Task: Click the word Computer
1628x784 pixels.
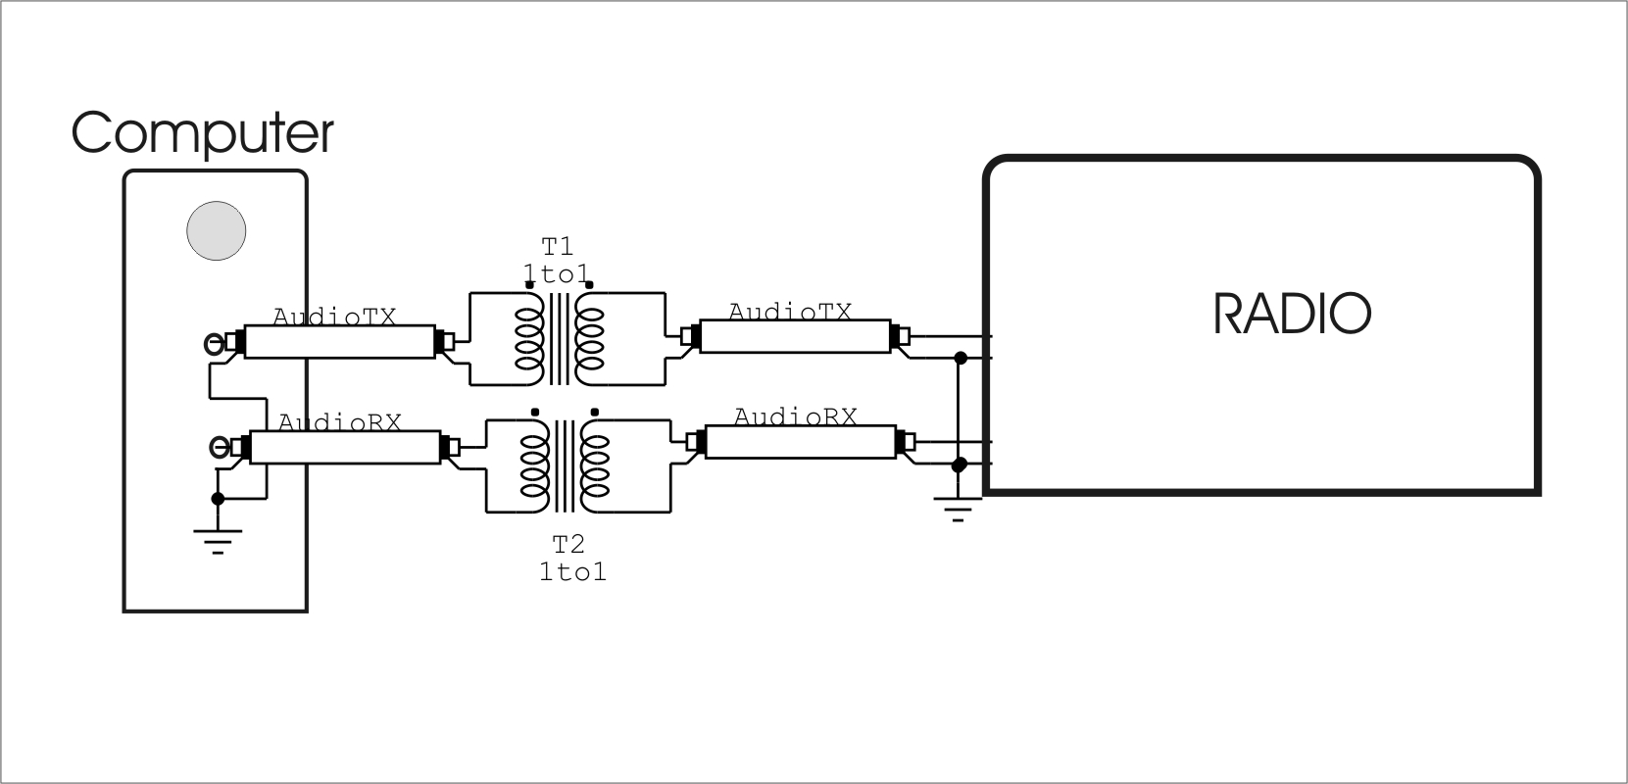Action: click(x=202, y=133)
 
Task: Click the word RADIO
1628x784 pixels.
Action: click(x=1292, y=314)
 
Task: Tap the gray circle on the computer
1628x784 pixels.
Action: click(x=217, y=231)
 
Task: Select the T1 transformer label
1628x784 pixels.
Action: click(x=559, y=245)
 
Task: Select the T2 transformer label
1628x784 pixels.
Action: click(x=568, y=545)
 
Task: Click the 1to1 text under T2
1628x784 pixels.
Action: click(x=572, y=571)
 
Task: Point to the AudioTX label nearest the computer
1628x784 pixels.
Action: click(x=334, y=318)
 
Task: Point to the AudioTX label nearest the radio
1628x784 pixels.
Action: click(x=790, y=312)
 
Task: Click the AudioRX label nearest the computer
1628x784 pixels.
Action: click(x=340, y=422)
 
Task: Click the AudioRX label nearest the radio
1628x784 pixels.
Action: click(x=795, y=416)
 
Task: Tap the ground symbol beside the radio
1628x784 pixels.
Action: click(x=958, y=509)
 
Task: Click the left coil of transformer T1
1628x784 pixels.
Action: click(x=528, y=339)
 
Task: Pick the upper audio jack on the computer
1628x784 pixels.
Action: click(x=214, y=343)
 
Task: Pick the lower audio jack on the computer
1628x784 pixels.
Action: click(x=220, y=449)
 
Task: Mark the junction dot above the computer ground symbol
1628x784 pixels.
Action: click(x=218, y=499)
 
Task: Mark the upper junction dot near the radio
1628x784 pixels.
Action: click(x=961, y=359)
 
